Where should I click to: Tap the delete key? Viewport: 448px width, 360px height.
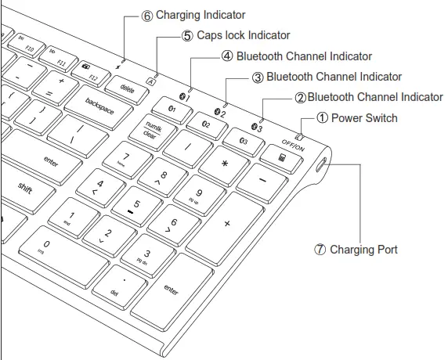click(x=127, y=88)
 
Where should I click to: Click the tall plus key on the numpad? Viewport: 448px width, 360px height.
click(x=229, y=224)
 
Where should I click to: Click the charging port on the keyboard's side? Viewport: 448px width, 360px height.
click(x=323, y=167)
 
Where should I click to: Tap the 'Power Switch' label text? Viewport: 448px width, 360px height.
click(x=364, y=118)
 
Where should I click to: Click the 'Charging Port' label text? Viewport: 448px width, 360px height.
click(x=363, y=250)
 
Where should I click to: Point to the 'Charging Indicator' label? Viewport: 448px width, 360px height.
click(x=201, y=15)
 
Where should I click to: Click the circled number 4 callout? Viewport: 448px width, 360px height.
click(x=227, y=56)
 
